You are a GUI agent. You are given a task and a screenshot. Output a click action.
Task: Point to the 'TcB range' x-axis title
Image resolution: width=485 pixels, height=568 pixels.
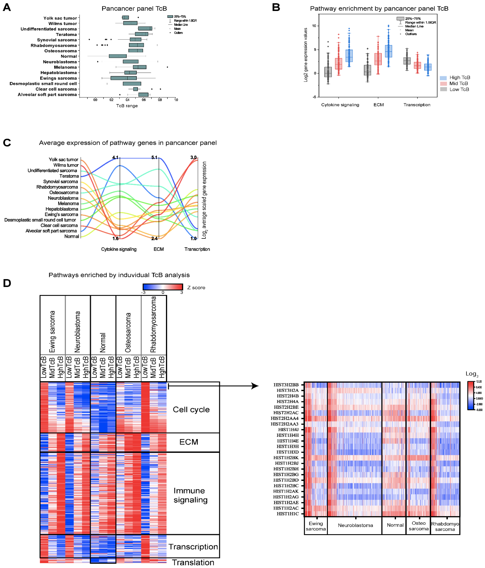pos(127,106)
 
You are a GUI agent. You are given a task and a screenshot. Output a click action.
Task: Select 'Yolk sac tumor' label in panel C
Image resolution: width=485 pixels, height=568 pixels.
pos(63,160)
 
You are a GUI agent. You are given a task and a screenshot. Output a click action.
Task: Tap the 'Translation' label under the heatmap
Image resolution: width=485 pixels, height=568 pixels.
pos(193,563)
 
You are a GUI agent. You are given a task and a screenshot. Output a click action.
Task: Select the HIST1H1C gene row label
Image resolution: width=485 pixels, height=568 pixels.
pos(287,514)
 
